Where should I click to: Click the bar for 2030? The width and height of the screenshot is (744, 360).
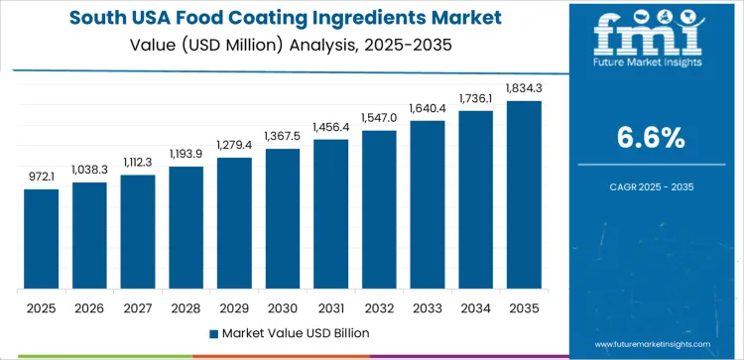[x=283, y=219]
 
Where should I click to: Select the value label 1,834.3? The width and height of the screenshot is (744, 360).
[x=525, y=89]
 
